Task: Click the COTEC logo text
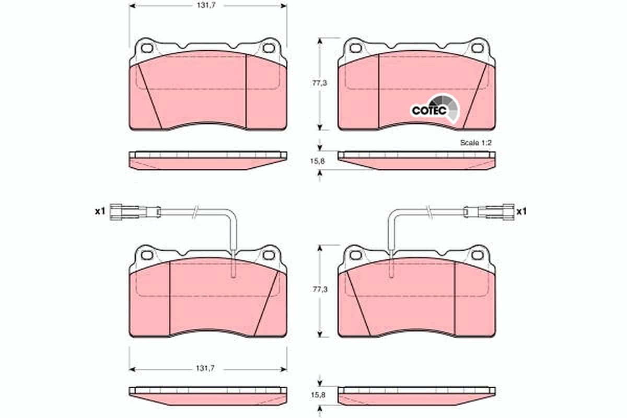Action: click(429, 110)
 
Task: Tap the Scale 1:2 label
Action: click(476, 143)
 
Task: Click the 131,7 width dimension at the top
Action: click(206, 6)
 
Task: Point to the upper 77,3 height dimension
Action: click(320, 83)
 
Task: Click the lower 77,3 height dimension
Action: click(320, 289)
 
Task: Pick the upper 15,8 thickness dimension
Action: click(318, 161)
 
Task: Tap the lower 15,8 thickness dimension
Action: click(318, 395)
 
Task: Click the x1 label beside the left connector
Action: click(100, 211)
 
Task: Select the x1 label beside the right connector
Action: click(521, 212)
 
